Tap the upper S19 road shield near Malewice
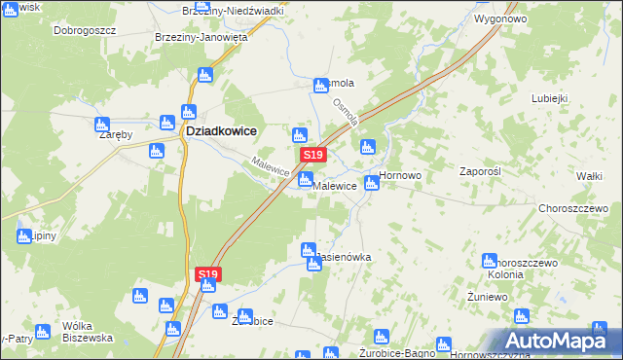[311, 155]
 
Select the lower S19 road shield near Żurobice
[207, 275]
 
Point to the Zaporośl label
[479, 170]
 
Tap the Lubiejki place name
[549, 98]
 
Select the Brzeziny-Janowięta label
[202, 37]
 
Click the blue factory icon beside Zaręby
[102, 125]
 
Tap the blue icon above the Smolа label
[320, 87]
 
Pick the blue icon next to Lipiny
[23, 235]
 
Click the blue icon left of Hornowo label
[371, 182]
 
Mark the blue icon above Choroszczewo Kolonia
[490, 260]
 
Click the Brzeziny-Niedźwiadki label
[233, 10]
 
